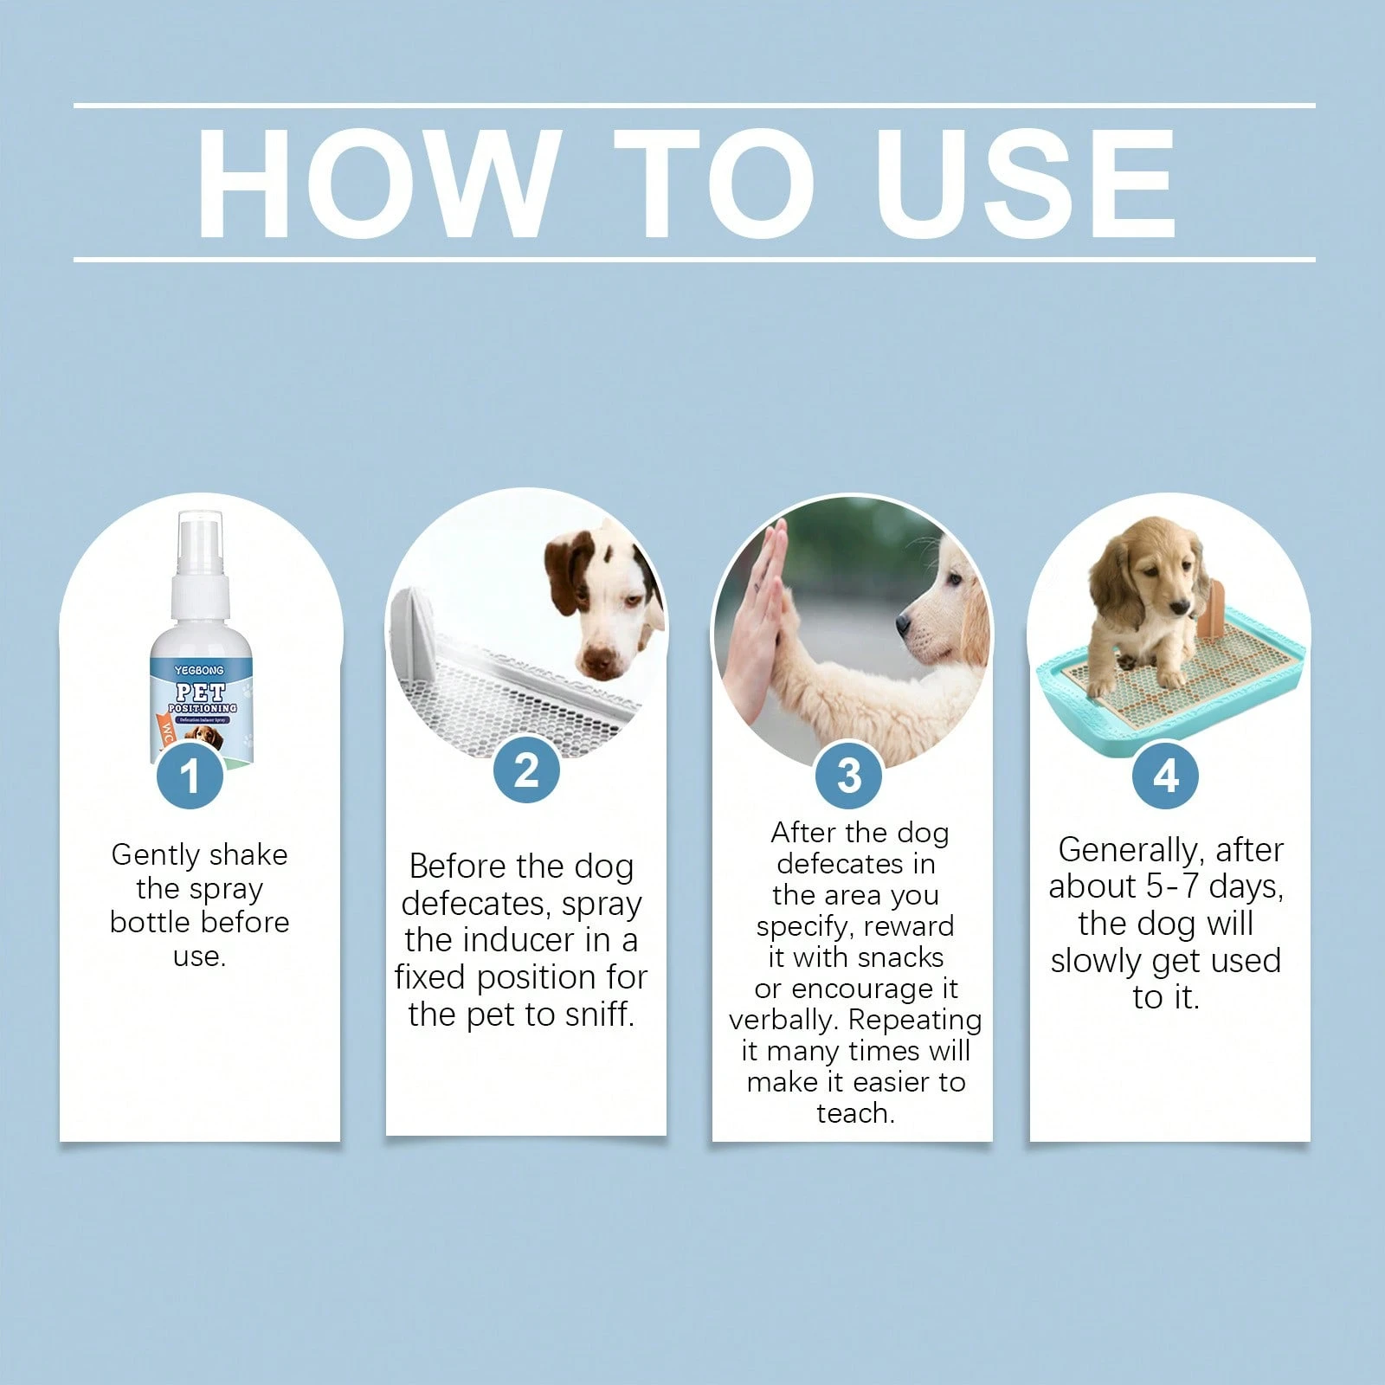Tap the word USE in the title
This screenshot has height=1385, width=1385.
coord(1026,184)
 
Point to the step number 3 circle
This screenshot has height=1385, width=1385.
coord(849,775)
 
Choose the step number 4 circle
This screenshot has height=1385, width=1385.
coord(1165,775)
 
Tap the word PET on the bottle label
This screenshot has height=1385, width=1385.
coord(200,692)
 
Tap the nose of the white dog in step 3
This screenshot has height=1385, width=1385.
coord(902,622)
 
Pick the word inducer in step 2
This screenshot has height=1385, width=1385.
coord(512,940)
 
